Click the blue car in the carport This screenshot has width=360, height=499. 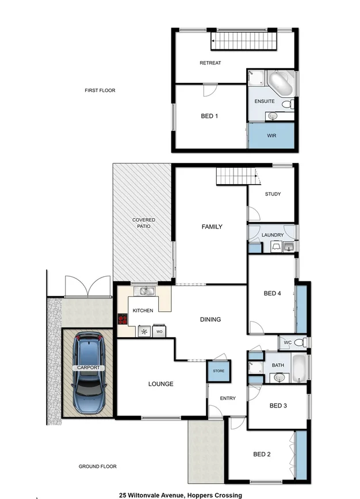point(88,374)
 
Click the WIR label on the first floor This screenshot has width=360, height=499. point(272,136)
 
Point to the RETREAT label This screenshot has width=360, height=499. point(210,63)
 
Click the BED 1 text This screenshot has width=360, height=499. point(209,116)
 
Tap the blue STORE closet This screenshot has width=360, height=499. point(219,371)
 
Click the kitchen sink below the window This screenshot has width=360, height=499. point(148,291)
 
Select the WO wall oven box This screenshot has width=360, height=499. point(159,332)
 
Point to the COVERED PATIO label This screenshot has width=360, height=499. point(144,223)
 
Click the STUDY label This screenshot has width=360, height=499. point(273,194)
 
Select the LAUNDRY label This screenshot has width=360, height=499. point(272,235)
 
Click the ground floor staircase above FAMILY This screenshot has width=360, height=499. point(234,177)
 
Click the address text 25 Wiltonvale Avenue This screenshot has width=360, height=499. point(181,494)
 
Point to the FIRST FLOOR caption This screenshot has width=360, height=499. point(100,90)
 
